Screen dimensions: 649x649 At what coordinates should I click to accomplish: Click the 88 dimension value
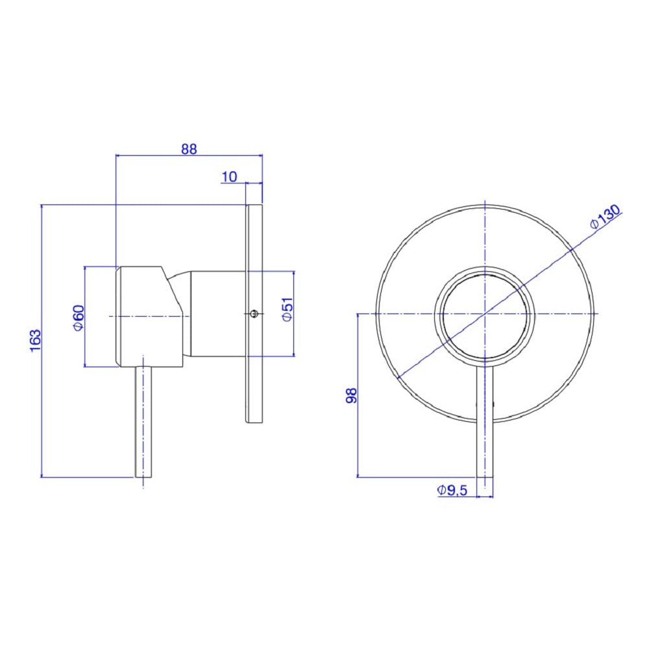(189, 149)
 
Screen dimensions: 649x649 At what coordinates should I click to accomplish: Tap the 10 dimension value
(229, 177)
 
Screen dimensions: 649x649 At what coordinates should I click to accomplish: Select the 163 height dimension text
(36, 340)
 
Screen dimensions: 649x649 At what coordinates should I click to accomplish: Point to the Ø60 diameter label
(79, 318)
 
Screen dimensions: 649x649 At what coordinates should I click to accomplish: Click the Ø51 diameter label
(287, 310)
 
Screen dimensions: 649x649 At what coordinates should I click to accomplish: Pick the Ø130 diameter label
(605, 216)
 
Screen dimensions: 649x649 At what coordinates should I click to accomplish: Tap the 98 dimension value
(351, 396)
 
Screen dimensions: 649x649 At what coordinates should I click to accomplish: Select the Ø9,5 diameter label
(452, 490)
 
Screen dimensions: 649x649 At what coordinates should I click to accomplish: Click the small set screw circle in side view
(254, 314)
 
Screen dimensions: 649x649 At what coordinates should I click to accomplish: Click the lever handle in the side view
(143, 422)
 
